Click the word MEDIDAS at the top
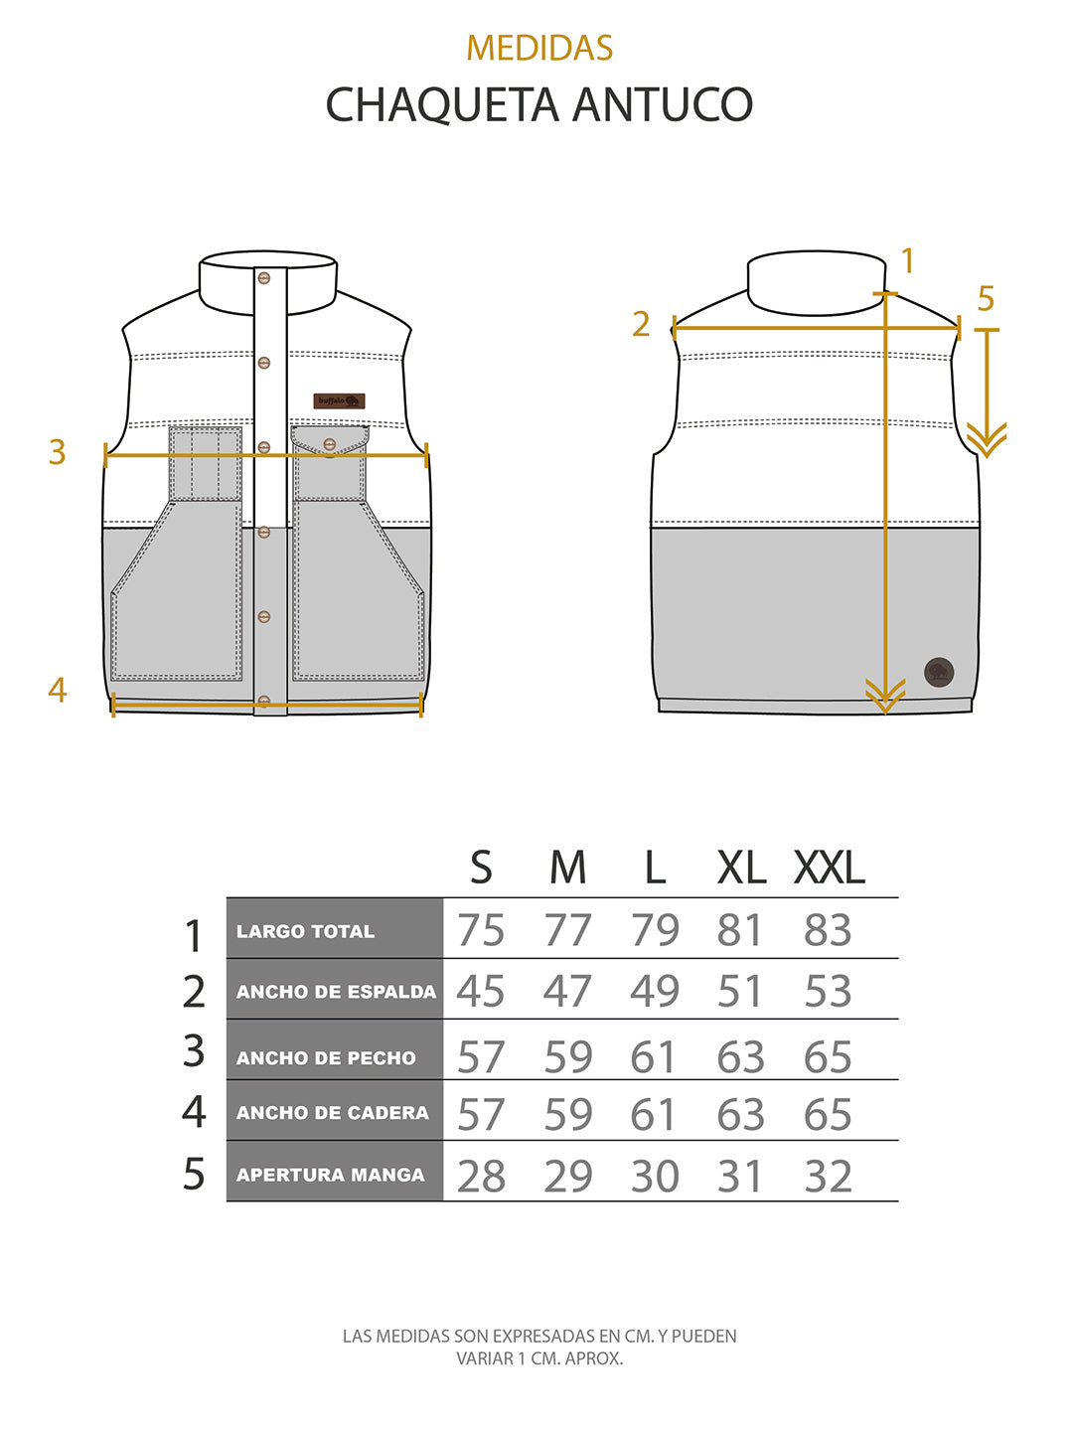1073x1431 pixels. [539, 48]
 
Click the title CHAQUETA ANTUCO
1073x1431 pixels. [539, 104]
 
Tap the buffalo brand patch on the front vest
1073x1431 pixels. [339, 401]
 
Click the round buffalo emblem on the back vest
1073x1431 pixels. [939, 672]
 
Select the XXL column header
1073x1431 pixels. [829, 869]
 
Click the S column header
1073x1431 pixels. [481, 869]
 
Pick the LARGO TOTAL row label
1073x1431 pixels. [306, 931]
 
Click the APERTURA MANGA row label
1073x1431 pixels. [330, 1175]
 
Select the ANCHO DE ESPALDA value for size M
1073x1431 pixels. [567, 991]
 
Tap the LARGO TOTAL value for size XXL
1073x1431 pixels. [828, 930]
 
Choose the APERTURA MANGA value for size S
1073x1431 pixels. [481, 1177]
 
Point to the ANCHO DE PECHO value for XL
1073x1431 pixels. [740, 1057]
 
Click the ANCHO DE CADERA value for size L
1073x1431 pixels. [655, 1115]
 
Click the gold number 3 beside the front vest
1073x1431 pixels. [58, 452]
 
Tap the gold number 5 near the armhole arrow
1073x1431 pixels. [986, 298]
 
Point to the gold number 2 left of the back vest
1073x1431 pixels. [641, 324]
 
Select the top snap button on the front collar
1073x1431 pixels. [264, 278]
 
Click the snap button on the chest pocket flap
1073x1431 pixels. [330, 443]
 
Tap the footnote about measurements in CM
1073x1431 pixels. [539, 1347]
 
